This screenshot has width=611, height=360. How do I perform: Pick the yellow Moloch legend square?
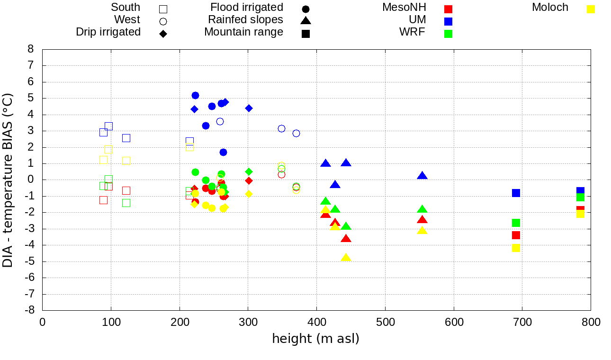[591, 9]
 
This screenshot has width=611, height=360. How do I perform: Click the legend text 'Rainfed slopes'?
[245, 20]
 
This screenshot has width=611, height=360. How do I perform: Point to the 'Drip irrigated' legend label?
[108, 32]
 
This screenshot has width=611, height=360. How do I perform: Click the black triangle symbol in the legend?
[305, 21]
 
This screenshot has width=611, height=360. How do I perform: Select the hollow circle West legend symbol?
[163, 21]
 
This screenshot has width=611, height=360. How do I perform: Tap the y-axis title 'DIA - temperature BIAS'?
[8, 180]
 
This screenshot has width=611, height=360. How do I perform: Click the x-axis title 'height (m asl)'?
[315, 339]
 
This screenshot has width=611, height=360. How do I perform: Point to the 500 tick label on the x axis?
[385, 323]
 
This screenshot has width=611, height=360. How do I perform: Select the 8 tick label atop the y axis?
[31, 49]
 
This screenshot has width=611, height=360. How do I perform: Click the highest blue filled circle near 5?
[195, 96]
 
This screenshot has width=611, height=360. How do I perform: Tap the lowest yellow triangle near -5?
[346, 258]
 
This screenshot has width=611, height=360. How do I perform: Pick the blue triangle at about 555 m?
[422, 176]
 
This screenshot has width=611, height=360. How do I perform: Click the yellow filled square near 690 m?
[516, 248]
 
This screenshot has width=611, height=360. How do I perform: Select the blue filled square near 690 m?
[516, 193]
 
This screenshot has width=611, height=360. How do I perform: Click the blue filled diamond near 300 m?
[249, 108]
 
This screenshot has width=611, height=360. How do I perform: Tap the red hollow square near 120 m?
[126, 190]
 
